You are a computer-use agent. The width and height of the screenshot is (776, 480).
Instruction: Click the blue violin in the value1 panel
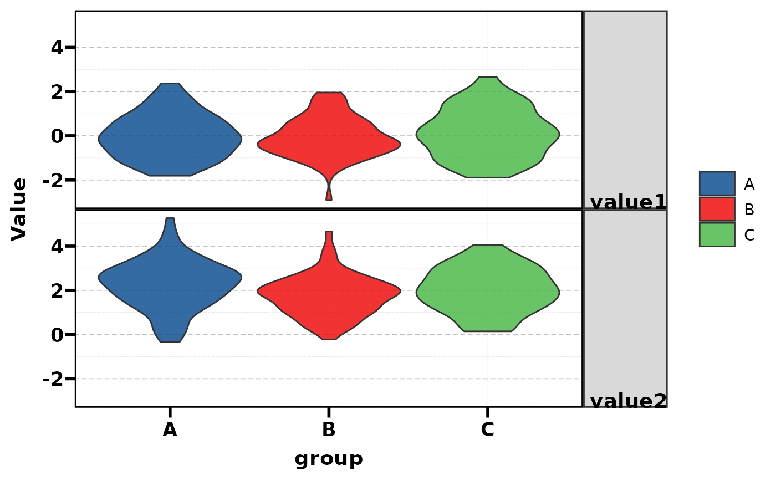coord(170,133)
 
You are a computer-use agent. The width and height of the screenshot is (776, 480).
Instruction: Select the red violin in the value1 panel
coord(329,139)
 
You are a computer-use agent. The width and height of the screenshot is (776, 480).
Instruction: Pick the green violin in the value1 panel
coord(488,130)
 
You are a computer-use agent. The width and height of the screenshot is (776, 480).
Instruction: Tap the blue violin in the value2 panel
coord(170,277)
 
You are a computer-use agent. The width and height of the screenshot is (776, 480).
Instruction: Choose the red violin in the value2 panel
coord(329,291)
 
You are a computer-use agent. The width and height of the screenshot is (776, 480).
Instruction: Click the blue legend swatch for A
coord(717,183)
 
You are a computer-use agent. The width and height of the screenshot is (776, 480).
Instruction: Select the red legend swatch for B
coord(717,209)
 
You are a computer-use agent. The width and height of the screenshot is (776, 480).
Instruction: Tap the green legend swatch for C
coord(717,234)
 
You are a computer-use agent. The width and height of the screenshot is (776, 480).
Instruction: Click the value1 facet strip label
coord(628,202)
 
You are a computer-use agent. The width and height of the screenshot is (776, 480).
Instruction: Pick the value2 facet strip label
coord(628,401)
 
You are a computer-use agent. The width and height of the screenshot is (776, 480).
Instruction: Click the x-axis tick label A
coord(170,430)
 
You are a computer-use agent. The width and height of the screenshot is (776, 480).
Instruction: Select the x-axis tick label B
coord(329,430)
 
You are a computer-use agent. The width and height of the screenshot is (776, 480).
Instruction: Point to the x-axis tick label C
coord(487,430)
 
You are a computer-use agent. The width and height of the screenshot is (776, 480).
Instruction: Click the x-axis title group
coord(329,459)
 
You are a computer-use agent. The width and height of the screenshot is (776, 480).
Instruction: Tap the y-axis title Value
coord(19,209)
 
